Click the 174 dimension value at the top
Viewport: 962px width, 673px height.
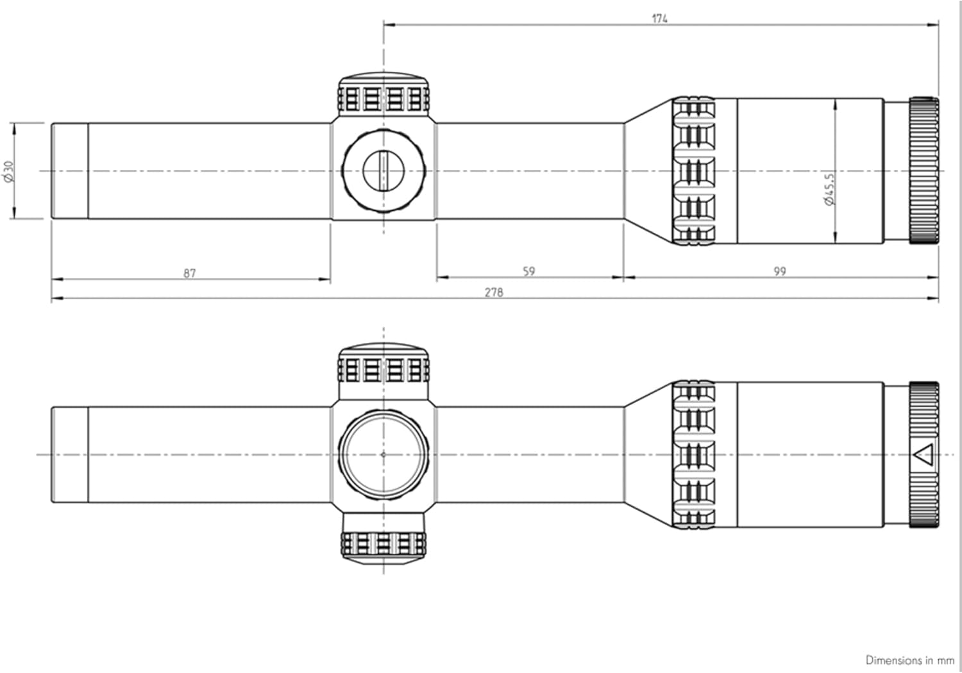[660, 19]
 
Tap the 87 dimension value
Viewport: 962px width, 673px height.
[190, 274]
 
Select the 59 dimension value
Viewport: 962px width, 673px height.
[528, 272]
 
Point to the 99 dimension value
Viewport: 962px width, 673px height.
[779, 272]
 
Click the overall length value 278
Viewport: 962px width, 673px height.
[494, 292]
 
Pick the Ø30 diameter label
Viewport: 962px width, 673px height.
[9, 171]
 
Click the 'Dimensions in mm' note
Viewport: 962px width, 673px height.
[909, 660]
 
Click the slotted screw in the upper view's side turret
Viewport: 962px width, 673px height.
[384, 170]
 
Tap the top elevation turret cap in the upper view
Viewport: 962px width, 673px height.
[384, 94]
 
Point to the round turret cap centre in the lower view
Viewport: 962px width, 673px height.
[384, 454]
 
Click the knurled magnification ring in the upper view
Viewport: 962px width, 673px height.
[694, 171]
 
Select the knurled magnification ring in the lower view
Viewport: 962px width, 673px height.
[694, 454]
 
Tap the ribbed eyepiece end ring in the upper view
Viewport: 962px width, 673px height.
[923, 170]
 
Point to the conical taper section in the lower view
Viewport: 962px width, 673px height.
[648, 454]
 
